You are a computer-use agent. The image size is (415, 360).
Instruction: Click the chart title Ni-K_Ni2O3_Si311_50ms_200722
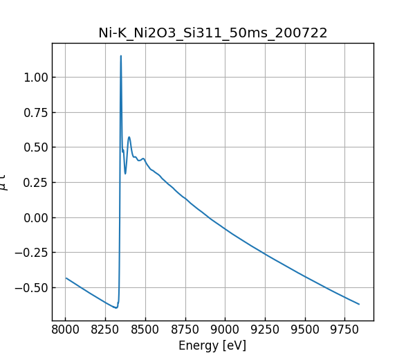pos(212,33)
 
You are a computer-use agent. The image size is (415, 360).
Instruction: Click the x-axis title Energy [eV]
pos(212,345)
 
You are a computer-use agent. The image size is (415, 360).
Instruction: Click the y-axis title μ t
pos(6,182)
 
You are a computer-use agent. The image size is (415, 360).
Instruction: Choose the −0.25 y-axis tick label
pos(31,253)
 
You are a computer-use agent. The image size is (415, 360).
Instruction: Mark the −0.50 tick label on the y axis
pos(31,287)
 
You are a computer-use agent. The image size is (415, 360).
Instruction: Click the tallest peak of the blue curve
pos(121,56)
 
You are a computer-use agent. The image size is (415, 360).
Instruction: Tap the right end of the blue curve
pos(359,304)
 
